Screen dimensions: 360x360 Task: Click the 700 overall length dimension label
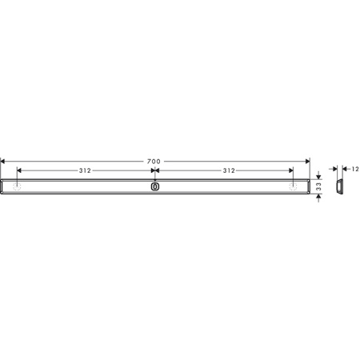154,162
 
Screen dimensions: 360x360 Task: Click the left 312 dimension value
85,170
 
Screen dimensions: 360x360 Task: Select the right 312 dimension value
229,170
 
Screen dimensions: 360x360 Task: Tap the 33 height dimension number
318,186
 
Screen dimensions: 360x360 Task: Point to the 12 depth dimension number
355,169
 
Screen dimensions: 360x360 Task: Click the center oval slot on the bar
155,186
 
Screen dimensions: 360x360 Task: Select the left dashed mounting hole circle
18,186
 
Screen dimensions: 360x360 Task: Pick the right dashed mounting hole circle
293,186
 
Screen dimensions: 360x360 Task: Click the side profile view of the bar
339,186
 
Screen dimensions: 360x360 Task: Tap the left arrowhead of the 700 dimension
2,161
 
